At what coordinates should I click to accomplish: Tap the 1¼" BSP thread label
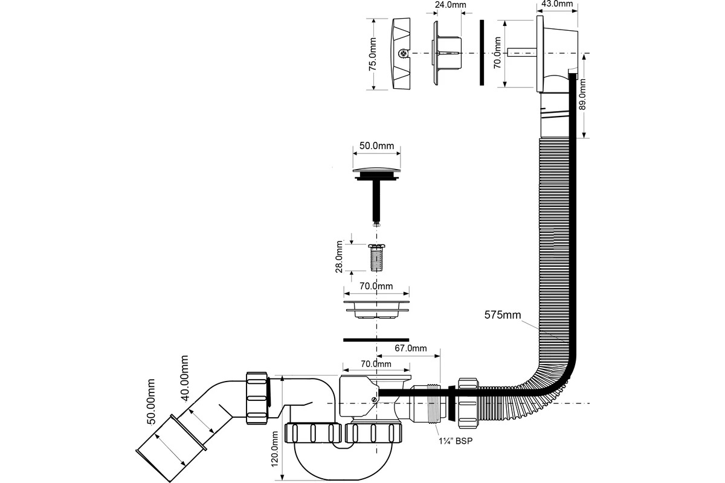[x=456, y=440]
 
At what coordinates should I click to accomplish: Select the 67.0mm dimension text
[x=411, y=348]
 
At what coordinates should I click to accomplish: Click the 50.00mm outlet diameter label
[x=151, y=403]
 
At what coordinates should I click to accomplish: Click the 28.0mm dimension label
[x=340, y=257]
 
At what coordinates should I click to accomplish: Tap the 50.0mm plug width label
[x=377, y=146]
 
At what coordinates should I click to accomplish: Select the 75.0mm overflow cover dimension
[x=372, y=54]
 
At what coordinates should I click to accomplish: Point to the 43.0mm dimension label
[x=556, y=4]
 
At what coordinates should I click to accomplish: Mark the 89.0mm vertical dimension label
[x=582, y=97]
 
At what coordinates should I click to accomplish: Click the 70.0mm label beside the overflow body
[x=497, y=53]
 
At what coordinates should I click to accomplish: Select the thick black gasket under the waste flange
[x=376, y=339]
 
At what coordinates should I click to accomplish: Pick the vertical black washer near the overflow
[x=481, y=53]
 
